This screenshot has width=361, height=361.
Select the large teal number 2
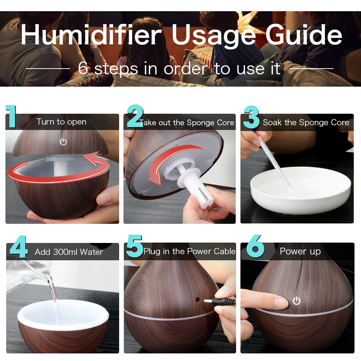[x=135, y=116]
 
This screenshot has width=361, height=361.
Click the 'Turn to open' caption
[x=61, y=122]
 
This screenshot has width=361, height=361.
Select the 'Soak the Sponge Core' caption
[x=306, y=123]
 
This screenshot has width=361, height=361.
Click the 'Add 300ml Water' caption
[x=69, y=252]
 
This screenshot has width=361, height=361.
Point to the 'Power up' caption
[x=300, y=251]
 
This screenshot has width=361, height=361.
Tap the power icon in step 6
[x=296, y=301]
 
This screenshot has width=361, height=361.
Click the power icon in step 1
[x=63, y=142]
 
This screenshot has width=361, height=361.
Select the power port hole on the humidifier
[x=197, y=300]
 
